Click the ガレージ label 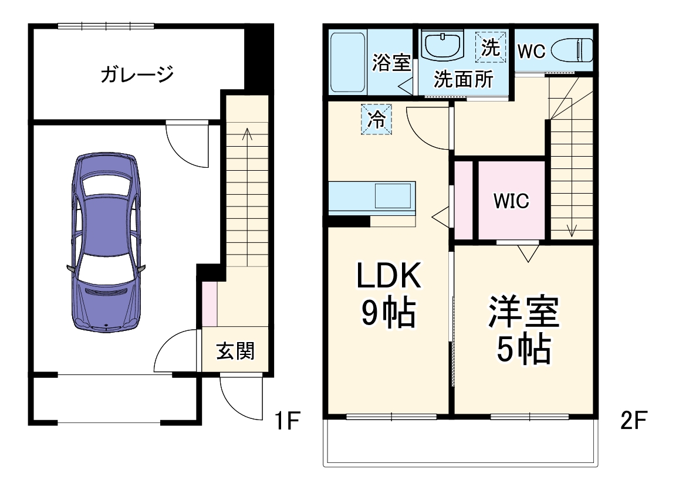coord(137,75)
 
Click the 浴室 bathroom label coord(391,62)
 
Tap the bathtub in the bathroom coord(347,63)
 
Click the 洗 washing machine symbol coord(490,47)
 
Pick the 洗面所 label coord(463,79)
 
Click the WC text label coord(532,51)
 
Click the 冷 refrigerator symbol coord(376,120)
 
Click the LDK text coord(390,276)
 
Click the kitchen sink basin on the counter coord(393,195)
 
